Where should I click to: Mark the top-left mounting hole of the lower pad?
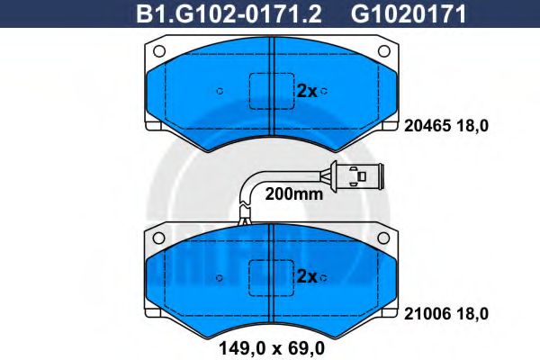pyautogui.click(x=158, y=238)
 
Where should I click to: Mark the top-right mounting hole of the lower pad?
pyautogui.click(x=383, y=238)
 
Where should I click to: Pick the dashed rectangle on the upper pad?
pyautogui.click(x=270, y=90)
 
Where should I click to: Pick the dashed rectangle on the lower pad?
pyautogui.click(x=270, y=276)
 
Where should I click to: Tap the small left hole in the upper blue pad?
pyautogui.click(x=220, y=90)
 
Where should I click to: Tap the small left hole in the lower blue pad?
pyautogui.click(x=220, y=276)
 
